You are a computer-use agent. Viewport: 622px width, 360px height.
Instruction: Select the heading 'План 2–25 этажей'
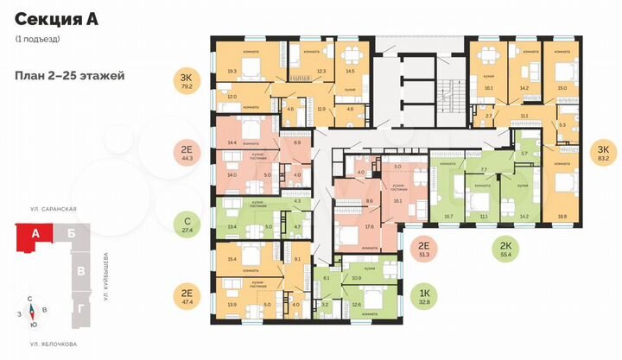tap(70, 75)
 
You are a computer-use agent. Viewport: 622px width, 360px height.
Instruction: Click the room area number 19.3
tap(231, 73)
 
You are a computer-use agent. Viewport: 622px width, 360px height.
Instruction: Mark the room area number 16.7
tap(447, 218)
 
